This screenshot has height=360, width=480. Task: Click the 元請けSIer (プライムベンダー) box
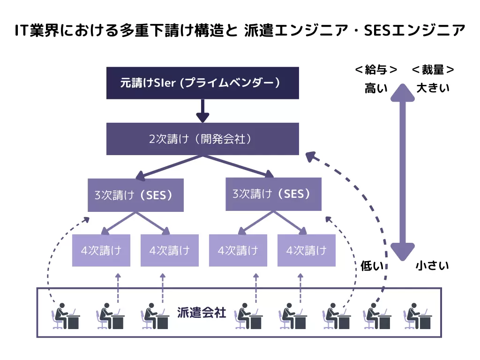pos(202,83)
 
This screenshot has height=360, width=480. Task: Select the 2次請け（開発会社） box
pos(202,139)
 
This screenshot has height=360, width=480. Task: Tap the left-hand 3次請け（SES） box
pos(135,195)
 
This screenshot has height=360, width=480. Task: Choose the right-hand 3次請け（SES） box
pos(273,194)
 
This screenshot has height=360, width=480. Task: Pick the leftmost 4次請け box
pos(101,250)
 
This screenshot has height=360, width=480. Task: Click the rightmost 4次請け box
pos(307,250)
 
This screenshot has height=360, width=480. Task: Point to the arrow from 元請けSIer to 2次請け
pos(202,111)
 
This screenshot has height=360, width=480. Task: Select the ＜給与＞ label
pos(376,70)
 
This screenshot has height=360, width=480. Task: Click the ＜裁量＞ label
pos(433,70)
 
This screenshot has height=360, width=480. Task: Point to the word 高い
pos(376,88)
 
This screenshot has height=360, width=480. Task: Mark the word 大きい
pos(433,88)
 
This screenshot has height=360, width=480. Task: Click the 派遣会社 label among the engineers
pos(202,312)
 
